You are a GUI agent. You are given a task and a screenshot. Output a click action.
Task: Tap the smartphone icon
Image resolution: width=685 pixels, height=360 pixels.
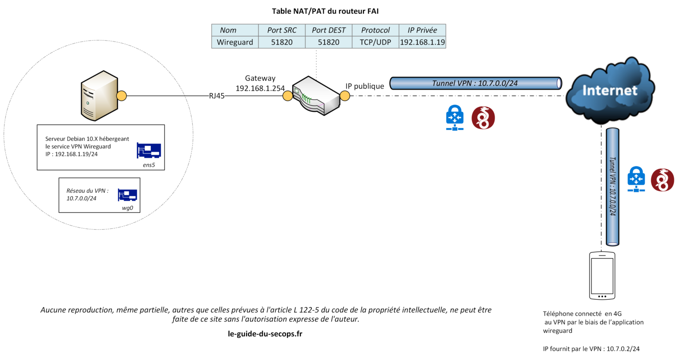pyautogui.click(x=602, y=276)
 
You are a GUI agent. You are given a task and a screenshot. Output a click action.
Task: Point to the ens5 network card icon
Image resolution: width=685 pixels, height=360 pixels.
pyautogui.click(x=149, y=151)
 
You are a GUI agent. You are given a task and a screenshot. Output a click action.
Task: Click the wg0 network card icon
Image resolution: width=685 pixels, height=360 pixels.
pyautogui.click(x=127, y=195)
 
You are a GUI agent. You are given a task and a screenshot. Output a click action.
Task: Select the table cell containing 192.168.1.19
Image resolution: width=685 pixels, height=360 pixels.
pyautogui.click(x=422, y=42)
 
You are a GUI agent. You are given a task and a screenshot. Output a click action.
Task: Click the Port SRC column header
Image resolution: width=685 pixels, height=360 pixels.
pyautogui.click(x=281, y=30)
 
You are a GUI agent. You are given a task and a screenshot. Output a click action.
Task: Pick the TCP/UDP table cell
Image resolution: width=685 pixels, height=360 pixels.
pyautogui.click(x=375, y=42)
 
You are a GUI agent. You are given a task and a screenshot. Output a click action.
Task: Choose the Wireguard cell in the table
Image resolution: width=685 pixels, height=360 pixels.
pyautogui.click(x=235, y=42)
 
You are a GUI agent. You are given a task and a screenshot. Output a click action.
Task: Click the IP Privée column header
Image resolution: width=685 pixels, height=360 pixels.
pyautogui.click(x=422, y=30)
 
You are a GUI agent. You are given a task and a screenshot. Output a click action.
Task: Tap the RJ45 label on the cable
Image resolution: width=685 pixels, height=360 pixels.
pyautogui.click(x=217, y=96)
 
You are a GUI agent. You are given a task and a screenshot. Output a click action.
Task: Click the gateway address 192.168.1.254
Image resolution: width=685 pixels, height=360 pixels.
pyautogui.click(x=260, y=88)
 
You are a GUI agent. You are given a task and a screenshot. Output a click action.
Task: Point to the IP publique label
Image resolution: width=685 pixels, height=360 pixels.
pyautogui.click(x=365, y=86)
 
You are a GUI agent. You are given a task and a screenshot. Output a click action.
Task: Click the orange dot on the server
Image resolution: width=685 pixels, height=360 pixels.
pyautogui.click(x=121, y=96)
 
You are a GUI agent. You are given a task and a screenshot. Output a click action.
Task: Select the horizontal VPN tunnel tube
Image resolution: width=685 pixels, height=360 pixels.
pyautogui.click(x=475, y=83)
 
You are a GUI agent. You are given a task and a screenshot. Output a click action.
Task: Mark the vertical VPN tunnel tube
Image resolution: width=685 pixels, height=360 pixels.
pyautogui.click(x=613, y=186)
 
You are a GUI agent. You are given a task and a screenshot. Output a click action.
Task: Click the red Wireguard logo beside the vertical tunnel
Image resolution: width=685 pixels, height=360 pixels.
pyautogui.click(x=662, y=180)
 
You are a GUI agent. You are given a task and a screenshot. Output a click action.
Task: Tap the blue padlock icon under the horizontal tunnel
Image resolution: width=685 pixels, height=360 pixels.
pyautogui.click(x=455, y=118)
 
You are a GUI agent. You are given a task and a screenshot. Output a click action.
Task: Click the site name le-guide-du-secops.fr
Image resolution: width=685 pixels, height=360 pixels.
pyautogui.click(x=265, y=334)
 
